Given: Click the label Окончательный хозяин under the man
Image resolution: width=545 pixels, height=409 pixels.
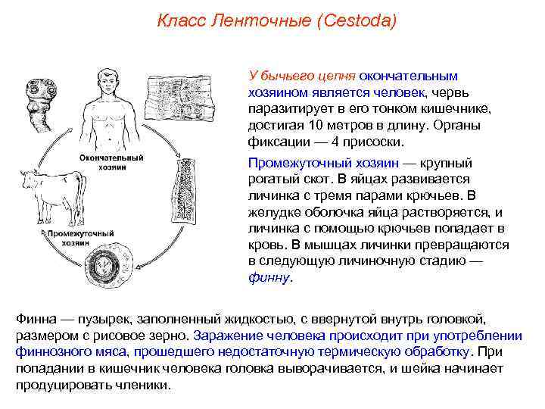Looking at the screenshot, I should click(x=113, y=163).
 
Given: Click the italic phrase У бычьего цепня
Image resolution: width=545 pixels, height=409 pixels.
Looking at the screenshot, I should click(x=301, y=76).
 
